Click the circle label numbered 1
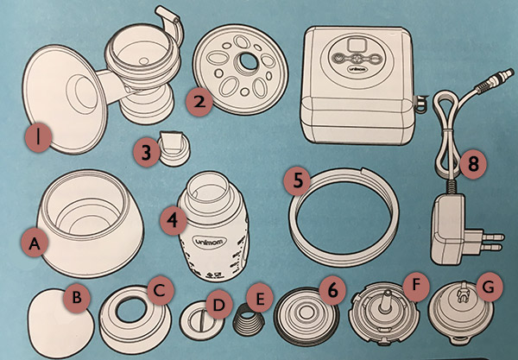click(40, 135)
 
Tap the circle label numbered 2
click(200, 103)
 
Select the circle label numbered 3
click(148, 153)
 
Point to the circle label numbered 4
click(175, 219)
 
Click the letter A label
click(35, 244)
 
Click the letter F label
click(419, 281)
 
